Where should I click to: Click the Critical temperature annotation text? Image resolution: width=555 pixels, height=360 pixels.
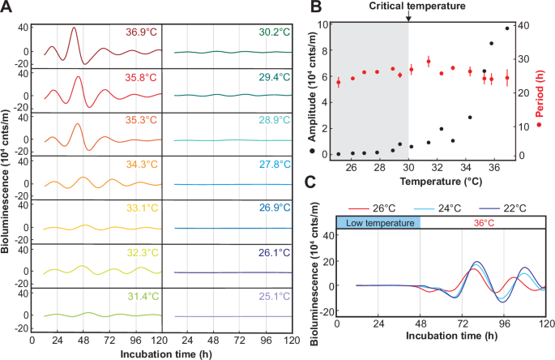coord(408,6)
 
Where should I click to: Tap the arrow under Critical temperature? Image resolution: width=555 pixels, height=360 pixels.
coord(408,17)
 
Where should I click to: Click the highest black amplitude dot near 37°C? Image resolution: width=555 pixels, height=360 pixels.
coord(506,28)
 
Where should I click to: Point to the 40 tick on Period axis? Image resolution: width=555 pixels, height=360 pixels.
coord(525,25)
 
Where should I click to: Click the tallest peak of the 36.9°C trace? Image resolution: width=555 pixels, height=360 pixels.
coord(75,28)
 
